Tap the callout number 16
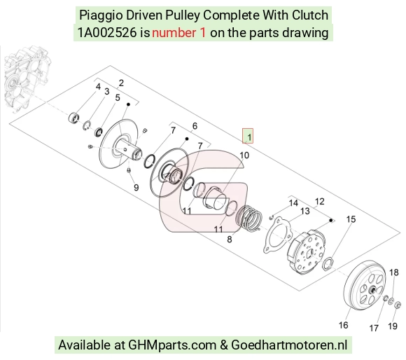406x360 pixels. click(343, 325)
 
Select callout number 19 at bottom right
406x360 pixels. click(393, 326)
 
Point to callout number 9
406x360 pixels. click(136, 188)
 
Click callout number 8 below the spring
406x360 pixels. click(230, 240)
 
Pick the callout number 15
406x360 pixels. click(351, 219)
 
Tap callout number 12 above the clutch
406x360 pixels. click(320, 202)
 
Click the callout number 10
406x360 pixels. click(244, 155)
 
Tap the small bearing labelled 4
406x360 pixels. click(73, 118)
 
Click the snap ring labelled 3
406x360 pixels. click(87, 125)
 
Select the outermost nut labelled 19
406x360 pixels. click(397, 305)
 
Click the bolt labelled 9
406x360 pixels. click(128, 170)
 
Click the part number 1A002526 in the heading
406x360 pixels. click(107, 33)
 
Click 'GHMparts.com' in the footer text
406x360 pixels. click(172, 345)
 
